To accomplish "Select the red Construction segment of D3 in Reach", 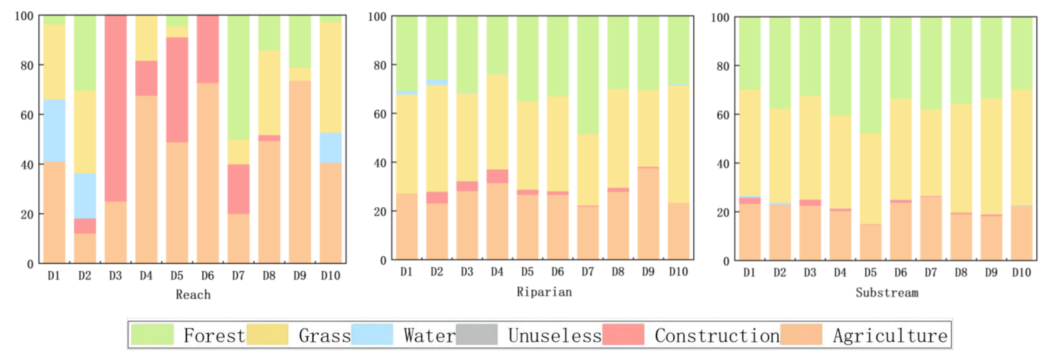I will [x=115, y=108].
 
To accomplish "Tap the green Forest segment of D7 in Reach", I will [x=238, y=78].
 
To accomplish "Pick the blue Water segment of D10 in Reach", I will [x=330, y=148].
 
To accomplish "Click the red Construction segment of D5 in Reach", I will [x=177, y=90].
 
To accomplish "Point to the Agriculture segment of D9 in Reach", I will [x=300, y=172].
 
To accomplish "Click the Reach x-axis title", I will [x=193, y=295].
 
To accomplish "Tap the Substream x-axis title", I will [x=887, y=293].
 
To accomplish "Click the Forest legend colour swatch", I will [x=152, y=334].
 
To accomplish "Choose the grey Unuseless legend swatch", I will [x=477, y=334].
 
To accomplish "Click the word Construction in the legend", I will [x=717, y=335].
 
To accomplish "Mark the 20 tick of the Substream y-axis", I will [x=723, y=213].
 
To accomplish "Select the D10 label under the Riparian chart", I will [x=678, y=272].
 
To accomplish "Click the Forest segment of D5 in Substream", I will [x=870, y=75].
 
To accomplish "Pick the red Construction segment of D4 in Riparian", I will [x=497, y=176].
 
